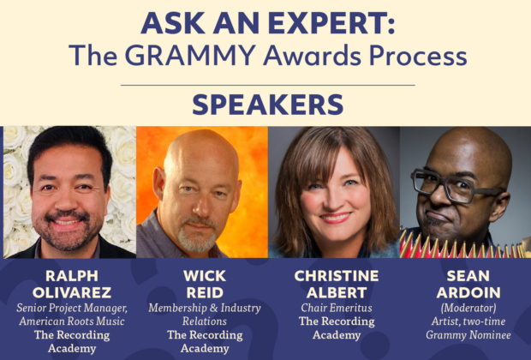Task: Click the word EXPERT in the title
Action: coord(331,23)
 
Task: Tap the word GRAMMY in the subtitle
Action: coord(191,55)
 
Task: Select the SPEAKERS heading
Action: coord(268,105)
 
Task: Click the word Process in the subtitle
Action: coord(418,55)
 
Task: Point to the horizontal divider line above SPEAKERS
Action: coord(268,85)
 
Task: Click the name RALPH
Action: coord(72,276)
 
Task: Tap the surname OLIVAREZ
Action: coord(72,292)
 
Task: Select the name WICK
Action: coord(205,276)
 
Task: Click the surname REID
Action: coord(205,292)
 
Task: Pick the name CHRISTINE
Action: coord(337,276)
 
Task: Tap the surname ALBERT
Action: coord(337,292)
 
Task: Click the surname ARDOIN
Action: coord(468,292)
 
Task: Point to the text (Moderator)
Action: coord(468,308)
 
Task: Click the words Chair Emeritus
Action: coord(337,308)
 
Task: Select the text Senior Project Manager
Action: coord(72,308)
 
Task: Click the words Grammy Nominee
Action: coord(468,335)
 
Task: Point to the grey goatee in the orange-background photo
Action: coord(198,235)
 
